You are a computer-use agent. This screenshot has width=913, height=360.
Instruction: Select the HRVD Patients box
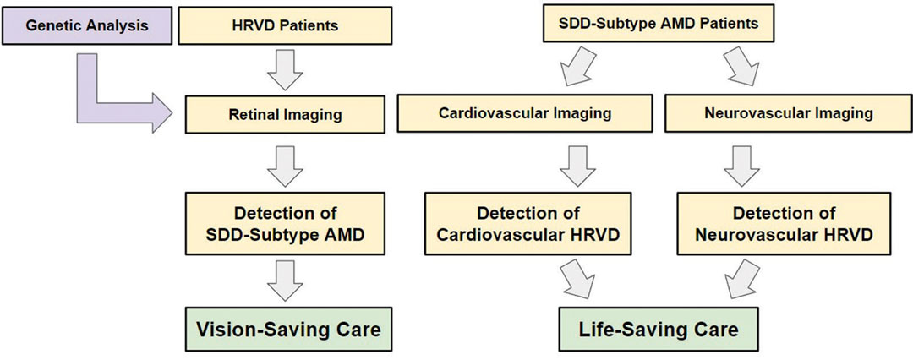[285, 25]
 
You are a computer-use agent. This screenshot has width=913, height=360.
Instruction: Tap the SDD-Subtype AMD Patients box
[660, 24]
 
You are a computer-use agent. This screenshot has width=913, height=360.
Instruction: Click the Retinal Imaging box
[285, 115]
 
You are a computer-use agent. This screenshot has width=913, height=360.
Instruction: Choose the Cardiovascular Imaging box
[524, 113]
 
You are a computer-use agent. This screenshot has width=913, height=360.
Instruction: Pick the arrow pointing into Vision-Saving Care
[285, 280]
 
